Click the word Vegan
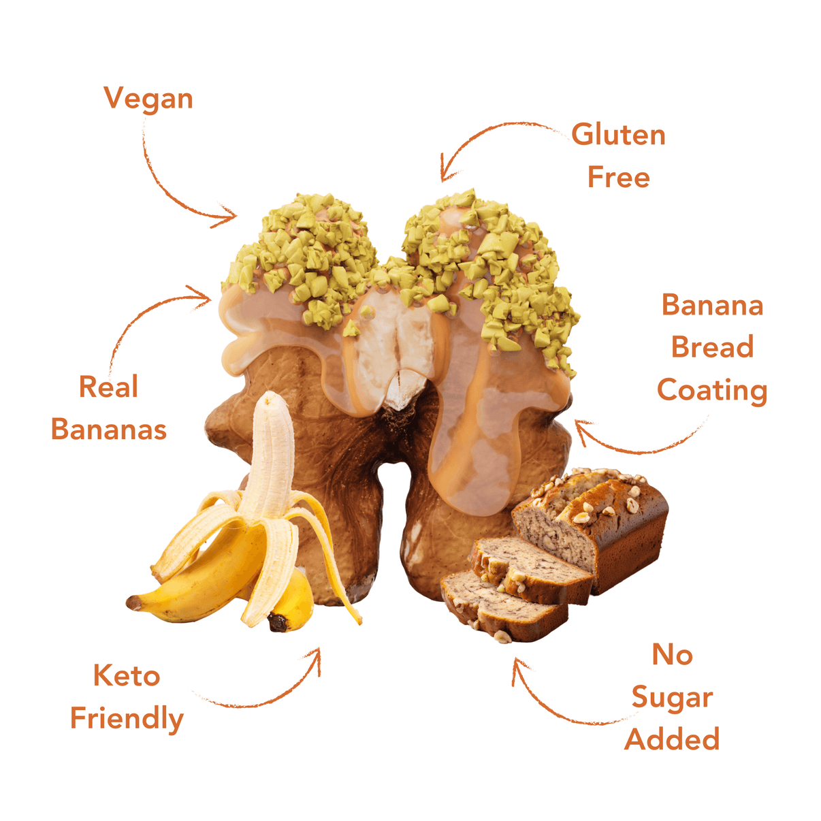(148, 99)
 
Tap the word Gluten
(618, 135)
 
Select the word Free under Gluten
(619, 177)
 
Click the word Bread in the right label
(712, 347)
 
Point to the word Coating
(712, 391)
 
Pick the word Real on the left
(109, 387)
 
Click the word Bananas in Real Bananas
(109, 429)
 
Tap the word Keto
(127, 675)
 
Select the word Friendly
(127, 719)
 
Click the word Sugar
(673, 698)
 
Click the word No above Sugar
(673, 654)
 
